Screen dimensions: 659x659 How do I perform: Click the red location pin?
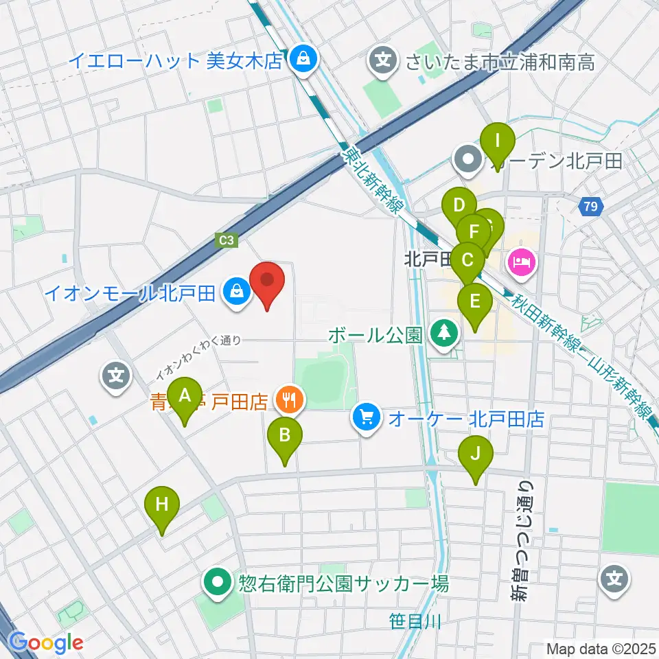click(267, 285)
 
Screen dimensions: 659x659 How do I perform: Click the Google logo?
click(46, 642)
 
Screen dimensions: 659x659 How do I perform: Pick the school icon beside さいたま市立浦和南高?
click(384, 61)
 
